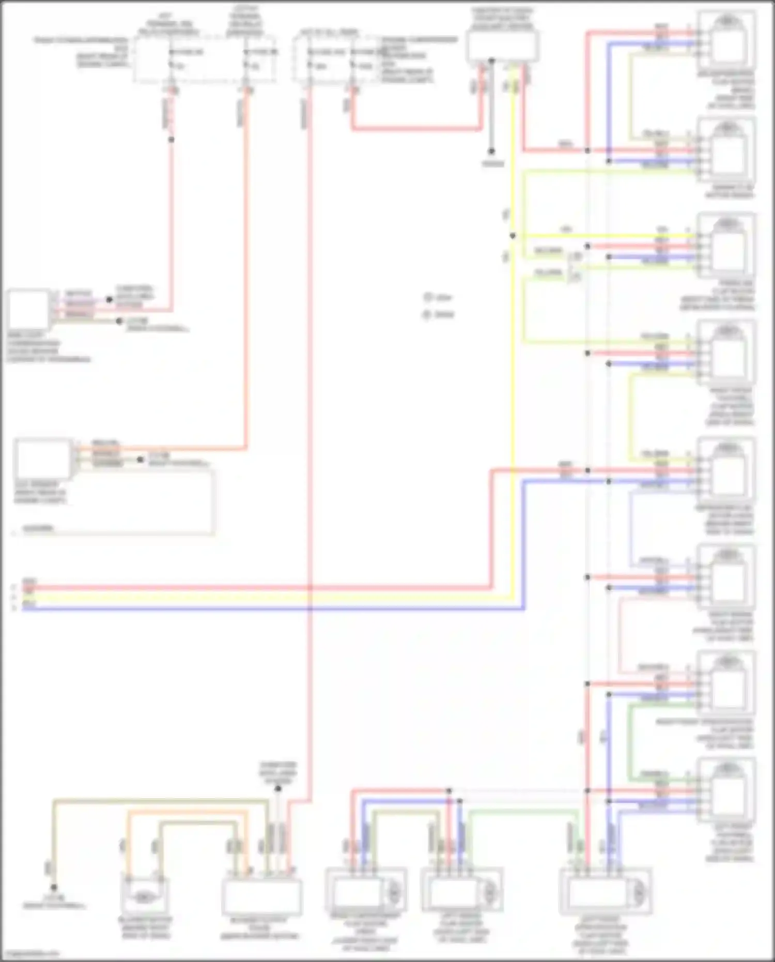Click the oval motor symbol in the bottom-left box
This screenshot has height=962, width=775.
coord(145,898)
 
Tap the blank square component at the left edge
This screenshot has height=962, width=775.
coord(28,309)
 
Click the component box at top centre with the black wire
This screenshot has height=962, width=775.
coord(503,45)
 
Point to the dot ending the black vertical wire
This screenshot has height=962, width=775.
coord(491,151)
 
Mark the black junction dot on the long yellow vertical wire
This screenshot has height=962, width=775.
coord(513,236)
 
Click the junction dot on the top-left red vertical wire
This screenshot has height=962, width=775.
coord(172,140)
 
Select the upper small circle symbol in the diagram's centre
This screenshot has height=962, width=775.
coord(427,297)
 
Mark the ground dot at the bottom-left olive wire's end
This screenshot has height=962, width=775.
coord(54,887)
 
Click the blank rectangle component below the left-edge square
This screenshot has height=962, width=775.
coord(43,459)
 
